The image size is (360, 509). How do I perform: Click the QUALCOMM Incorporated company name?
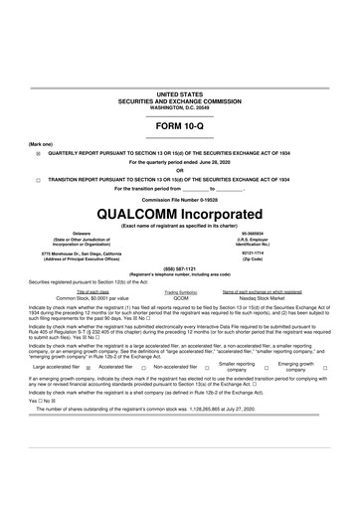click(180, 215)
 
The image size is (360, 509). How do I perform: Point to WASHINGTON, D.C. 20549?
click(180, 104)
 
